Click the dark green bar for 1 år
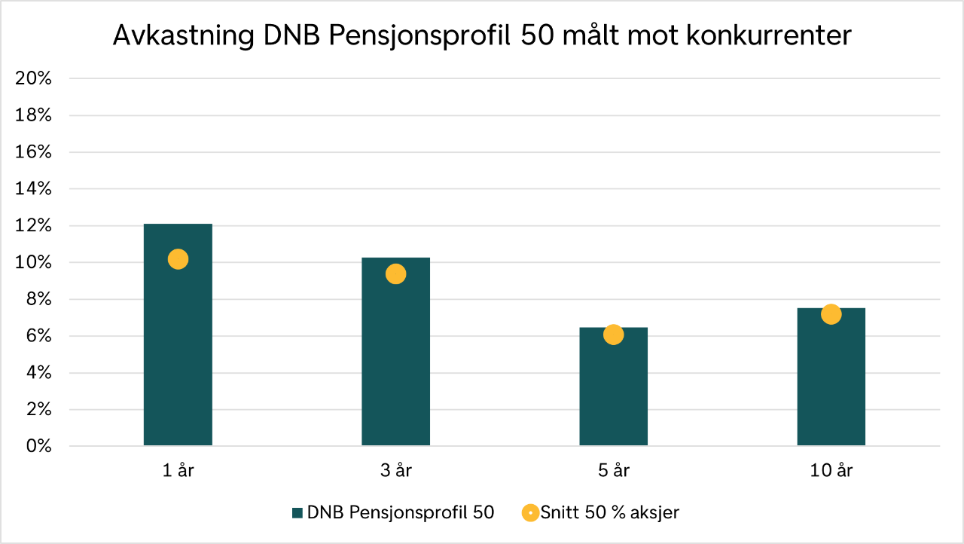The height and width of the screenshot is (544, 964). (178, 354)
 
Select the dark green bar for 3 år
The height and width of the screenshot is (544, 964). (395, 362)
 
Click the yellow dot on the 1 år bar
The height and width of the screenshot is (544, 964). (178, 259)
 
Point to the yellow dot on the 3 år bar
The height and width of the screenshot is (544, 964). (395, 274)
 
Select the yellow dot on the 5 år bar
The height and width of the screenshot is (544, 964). (613, 335)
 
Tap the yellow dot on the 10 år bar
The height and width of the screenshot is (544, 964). (831, 314)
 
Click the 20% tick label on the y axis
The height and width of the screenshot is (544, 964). (33, 78)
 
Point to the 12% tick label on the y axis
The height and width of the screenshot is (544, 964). (33, 226)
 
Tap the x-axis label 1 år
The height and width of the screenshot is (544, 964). (178, 471)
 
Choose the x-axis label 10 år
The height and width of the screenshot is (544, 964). (831, 471)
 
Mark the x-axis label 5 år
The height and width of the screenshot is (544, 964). (613, 471)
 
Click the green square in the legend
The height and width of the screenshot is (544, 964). (297, 513)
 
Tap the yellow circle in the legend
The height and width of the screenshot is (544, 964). (530, 513)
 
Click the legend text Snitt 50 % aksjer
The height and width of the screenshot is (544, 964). (610, 513)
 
